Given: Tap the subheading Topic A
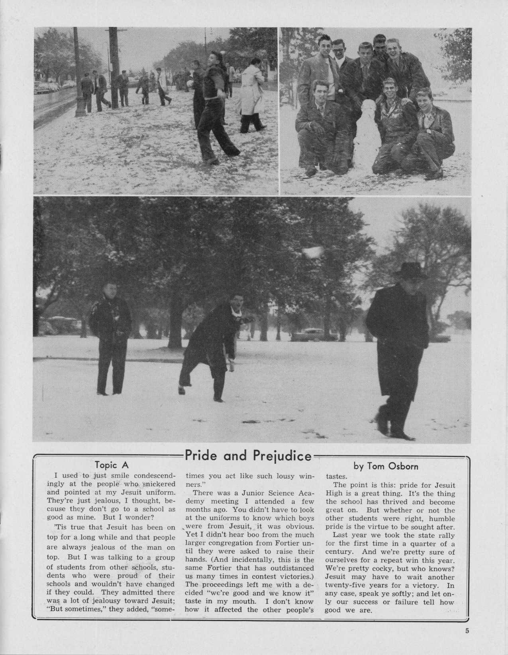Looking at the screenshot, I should [x=112, y=465].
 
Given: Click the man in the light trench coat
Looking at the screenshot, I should [x=251, y=96].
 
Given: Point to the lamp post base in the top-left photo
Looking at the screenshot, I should [x=81, y=108].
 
